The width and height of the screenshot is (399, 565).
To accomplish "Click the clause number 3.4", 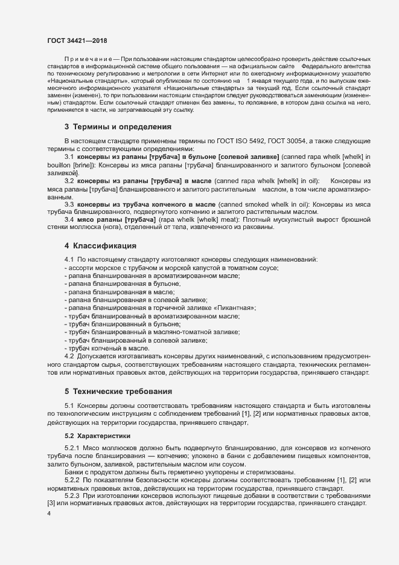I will [69, 220].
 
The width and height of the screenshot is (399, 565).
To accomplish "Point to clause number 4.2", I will [69, 355].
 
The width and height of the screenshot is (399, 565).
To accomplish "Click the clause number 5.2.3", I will [72, 495].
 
